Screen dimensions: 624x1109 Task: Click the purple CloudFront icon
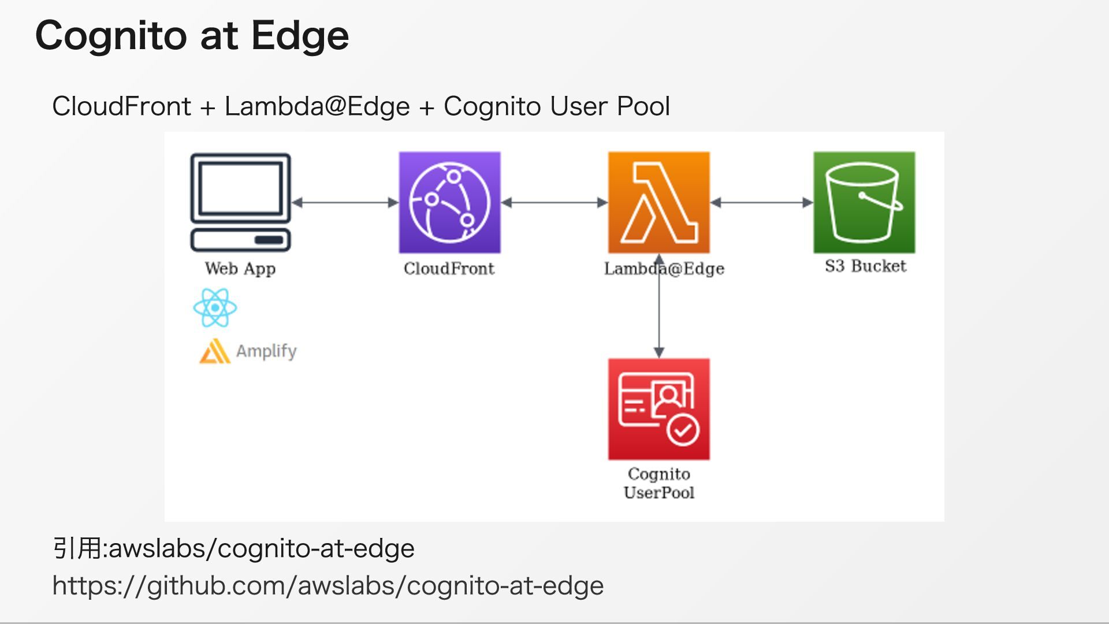click(449, 202)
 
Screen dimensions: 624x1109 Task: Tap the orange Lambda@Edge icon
click(658, 202)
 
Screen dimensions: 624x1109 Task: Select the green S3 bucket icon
click(864, 202)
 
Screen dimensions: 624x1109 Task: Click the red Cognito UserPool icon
click(658, 409)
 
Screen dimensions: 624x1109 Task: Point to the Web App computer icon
click(240, 202)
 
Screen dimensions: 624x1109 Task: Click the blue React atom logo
click(215, 308)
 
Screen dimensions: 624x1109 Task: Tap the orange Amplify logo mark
click(214, 351)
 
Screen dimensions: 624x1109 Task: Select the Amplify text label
click(266, 351)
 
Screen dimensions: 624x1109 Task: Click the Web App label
click(240, 269)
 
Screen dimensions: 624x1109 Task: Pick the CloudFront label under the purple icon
click(449, 269)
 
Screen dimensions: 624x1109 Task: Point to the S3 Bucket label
click(865, 266)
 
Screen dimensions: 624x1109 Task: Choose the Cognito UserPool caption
click(658, 483)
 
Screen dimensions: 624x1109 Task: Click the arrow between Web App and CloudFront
click(345, 202)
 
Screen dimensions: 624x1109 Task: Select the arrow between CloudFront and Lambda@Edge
click(554, 202)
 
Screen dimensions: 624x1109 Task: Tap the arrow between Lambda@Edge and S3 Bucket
click(761, 202)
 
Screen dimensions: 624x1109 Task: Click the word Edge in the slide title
click(300, 36)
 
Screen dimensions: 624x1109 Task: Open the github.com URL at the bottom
click(328, 586)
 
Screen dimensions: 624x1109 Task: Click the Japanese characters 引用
click(76, 548)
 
